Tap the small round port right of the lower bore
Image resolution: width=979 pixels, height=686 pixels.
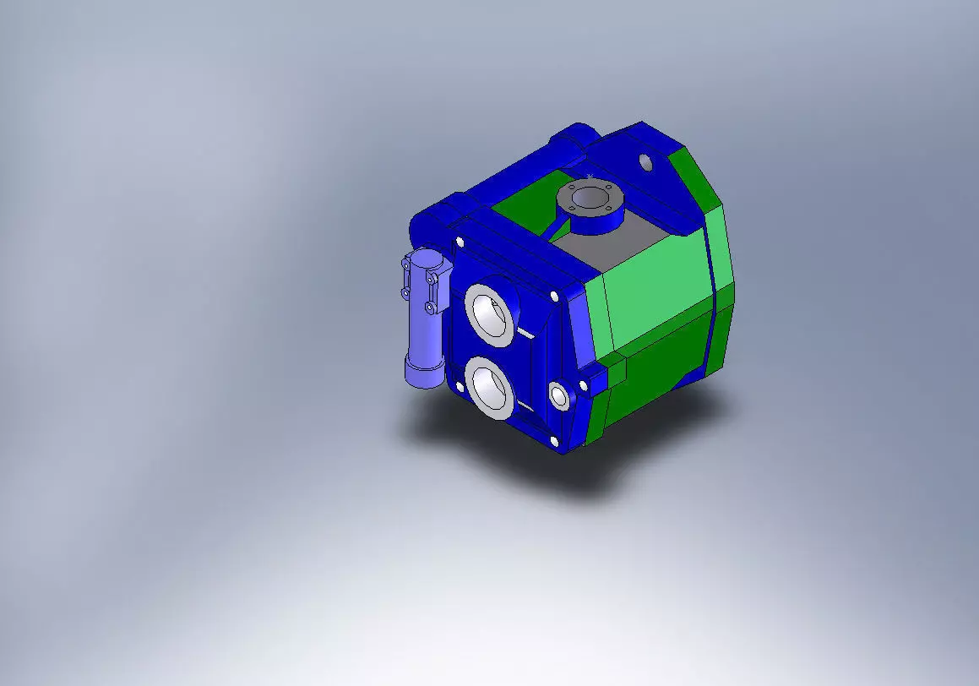click(x=558, y=395)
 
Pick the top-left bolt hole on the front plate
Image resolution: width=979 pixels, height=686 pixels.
click(x=460, y=242)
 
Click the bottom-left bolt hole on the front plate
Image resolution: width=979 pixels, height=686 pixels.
click(x=459, y=386)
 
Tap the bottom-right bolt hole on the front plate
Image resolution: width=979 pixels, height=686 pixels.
click(x=554, y=440)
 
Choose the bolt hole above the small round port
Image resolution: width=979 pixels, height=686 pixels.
click(x=553, y=297)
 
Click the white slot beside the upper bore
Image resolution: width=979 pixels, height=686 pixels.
click(x=525, y=333)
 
